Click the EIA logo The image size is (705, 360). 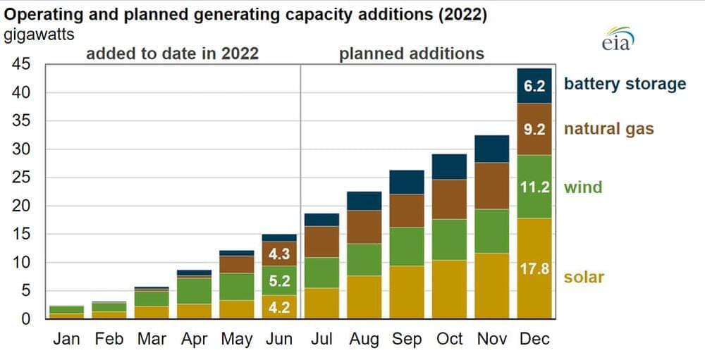618,39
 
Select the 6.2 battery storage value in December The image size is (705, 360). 534,86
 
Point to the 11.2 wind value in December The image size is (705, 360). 534,187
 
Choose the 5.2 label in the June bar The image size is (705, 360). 279,282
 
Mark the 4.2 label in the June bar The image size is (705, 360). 279,307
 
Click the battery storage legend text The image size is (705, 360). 625,85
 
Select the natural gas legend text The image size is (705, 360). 608,129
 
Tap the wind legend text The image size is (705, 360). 583,187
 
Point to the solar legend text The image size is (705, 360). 584,277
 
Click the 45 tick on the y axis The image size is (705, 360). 20,65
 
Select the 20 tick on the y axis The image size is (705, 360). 20,206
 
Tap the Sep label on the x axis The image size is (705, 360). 407,339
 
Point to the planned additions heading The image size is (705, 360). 412,54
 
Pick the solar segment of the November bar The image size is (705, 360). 491,285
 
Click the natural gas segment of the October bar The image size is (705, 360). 449,199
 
